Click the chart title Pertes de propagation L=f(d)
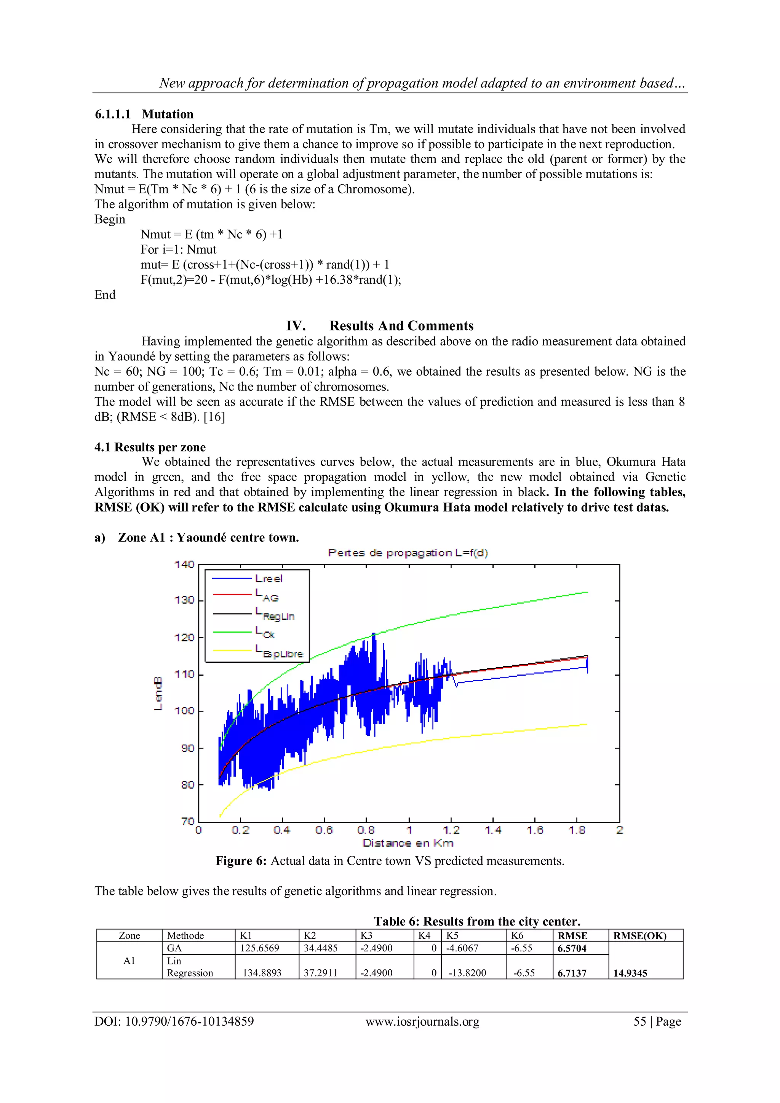(x=408, y=553)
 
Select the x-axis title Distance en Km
(x=408, y=843)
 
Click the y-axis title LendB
(x=158, y=693)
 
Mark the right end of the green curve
(x=587, y=592)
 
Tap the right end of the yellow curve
(x=587, y=724)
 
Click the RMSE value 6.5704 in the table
(x=572, y=948)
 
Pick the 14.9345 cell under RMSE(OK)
(x=630, y=973)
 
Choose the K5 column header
(x=452, y=935)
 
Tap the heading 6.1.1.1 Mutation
(x=144, y=114)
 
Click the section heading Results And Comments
(x=401, y=326)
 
